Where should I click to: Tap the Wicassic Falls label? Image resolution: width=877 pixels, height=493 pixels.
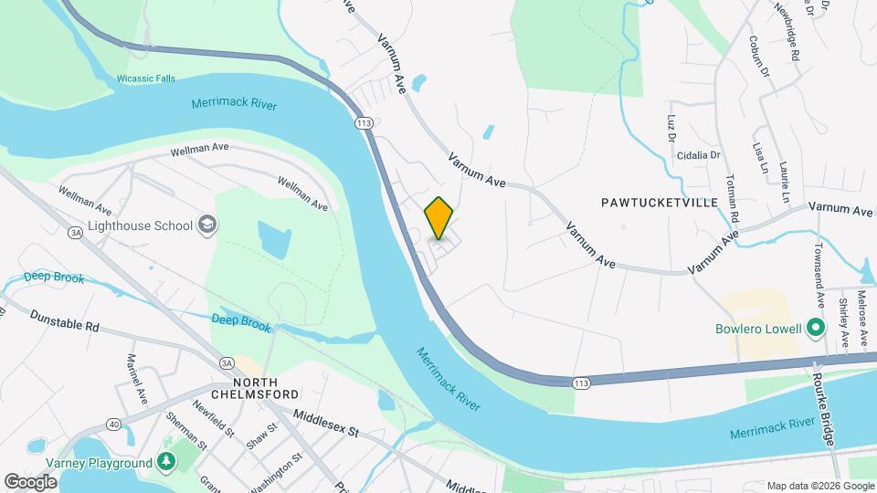tap(145, 79)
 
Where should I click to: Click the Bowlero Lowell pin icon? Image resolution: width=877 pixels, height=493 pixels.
tap(816, 329)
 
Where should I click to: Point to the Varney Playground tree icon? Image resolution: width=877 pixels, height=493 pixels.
tap(166, 463)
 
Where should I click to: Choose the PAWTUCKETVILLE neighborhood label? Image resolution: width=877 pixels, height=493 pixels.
tap(659, 202)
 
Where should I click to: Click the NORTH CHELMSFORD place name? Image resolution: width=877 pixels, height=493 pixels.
tap(266, 389)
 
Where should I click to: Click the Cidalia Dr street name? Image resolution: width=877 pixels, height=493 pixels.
tap(698, 155)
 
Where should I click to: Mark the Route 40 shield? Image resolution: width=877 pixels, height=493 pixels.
tap(113, 424)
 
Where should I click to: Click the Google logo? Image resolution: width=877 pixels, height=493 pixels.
tap(30, 481)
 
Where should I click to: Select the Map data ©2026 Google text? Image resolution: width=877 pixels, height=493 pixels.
tap(819, 486)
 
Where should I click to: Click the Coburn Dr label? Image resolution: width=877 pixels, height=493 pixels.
tap(759, 58)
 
